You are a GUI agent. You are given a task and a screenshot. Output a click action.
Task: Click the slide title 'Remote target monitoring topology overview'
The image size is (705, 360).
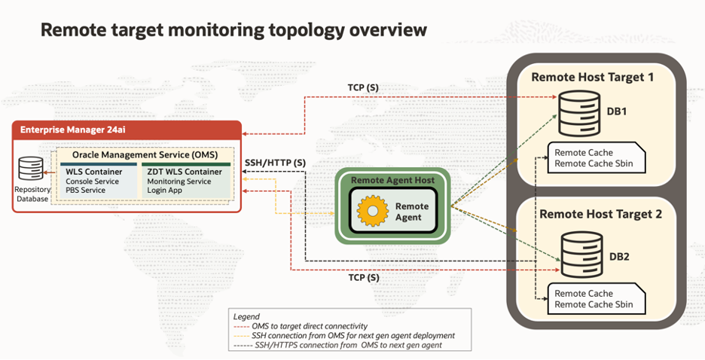[233, 30]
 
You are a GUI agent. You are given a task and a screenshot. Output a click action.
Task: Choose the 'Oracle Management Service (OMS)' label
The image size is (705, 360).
[142, 154]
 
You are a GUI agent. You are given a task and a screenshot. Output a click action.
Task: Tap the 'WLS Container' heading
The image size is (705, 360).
[94, 172]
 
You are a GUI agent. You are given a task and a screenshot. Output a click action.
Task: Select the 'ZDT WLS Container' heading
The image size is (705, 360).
[185, 172]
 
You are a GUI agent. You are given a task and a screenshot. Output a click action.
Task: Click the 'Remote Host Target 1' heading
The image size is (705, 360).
[593, 77]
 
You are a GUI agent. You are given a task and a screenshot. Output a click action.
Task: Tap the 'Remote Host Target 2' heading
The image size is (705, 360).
[601, 215]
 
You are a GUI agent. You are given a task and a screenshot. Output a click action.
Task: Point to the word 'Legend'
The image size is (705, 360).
[246, 316]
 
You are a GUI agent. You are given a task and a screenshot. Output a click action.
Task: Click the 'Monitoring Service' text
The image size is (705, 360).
[179, 182]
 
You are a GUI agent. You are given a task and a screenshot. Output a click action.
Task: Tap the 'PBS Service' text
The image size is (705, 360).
[87, 191]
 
